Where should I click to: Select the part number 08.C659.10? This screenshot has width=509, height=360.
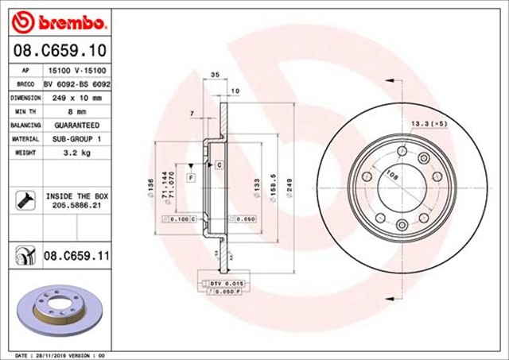[60, 51]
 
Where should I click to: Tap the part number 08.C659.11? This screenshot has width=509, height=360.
[76, 255]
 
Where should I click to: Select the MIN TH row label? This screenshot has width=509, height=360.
[24, 111]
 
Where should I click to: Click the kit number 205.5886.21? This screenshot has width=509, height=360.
[76, 204]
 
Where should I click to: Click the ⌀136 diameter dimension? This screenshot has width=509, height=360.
[151, 188]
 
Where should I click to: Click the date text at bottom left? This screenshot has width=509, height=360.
[60, 355]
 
